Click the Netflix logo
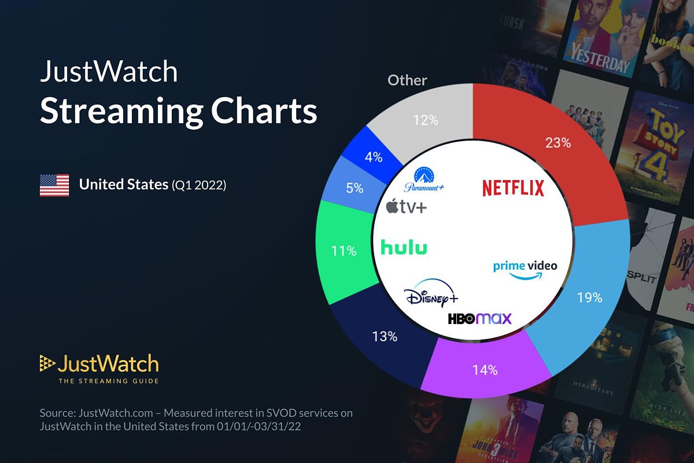pyautogui.click(x=513, y=188)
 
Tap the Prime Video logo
pyautogui.click(x=525, y=269)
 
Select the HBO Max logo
pyautogui.click(x=479, y=318)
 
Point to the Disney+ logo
pyautogui.click(x=431, y=296)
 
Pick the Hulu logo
pyautogui.click(x=404, y=248)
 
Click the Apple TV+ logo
pyautogui.click(x=406, y=206)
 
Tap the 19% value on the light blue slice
pyautogui.click(x=590, y=298)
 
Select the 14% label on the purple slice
pyautogui.click(x=484, y=370)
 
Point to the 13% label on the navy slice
pyautogui.click(x=385, y=336)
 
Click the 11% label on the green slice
pyautogui.click(x=344, y=251)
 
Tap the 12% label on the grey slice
pyautogui.click(x=425, y=120)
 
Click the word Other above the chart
pyautogui.click(x=407, y=80)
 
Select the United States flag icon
pyautogui.click(x=54, y=185)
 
